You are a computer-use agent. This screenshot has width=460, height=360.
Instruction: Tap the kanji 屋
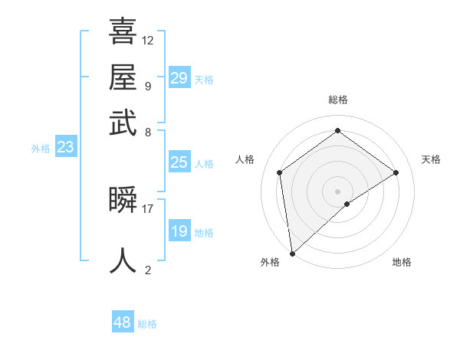[x=123, y=77]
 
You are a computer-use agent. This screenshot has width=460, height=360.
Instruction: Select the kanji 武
[x=123, y=123]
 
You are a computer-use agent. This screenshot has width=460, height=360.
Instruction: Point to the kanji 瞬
[x=123, y=200]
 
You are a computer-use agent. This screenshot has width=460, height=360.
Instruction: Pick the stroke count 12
[x=148, y=40]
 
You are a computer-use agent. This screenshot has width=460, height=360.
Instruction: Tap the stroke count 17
[x=148, y=208]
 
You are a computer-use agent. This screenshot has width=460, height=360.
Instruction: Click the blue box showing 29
[x=179, y=78]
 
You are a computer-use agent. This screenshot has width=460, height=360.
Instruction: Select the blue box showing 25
[x=179, y=162]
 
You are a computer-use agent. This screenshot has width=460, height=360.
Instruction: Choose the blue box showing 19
[x=179, y=231]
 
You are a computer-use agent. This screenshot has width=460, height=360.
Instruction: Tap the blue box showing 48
[x=123, y=322]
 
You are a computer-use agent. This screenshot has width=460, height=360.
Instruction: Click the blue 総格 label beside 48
[x=147, y=324]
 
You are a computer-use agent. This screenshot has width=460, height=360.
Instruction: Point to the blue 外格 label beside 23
[x=41, y=149]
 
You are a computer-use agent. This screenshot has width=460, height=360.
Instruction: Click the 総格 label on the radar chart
[x=337, y=100]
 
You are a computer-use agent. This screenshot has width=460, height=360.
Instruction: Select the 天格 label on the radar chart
[x=431, y=159]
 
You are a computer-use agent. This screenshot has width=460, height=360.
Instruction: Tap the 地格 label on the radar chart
[x=402, y=262]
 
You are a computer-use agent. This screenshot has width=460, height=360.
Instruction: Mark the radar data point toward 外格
[x=292, y=253]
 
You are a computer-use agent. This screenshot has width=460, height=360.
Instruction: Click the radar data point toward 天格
[x=396, y=172]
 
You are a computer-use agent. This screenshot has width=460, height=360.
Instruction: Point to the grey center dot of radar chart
[x=337, y=191]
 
